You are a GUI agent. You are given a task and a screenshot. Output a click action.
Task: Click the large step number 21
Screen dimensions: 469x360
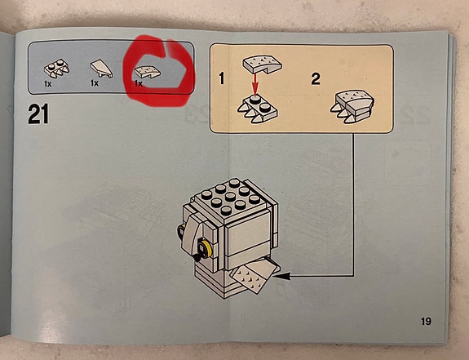click(x=38, y=113)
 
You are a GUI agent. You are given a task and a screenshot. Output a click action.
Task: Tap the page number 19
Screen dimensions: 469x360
click(x=426, y=322)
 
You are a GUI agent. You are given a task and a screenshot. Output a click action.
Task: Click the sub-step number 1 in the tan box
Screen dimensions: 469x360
click(x=222, y=79)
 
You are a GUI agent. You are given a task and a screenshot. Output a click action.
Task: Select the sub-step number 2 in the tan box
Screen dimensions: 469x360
click(x=316, y=79)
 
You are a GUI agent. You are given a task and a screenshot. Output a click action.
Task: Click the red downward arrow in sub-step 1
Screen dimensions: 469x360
click(x=254, y=85)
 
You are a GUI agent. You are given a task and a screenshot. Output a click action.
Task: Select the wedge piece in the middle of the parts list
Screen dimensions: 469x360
click(x=101, y=69)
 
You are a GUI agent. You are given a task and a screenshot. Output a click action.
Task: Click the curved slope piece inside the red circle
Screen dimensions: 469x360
click(x=147, y=72)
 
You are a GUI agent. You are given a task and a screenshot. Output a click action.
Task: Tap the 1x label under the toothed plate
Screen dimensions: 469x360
click(x=48, y=84)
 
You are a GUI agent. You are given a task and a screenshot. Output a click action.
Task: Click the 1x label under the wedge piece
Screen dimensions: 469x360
click(x=95, y=82)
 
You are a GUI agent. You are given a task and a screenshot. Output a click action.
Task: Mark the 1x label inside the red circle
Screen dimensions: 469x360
click(x=138, y=83)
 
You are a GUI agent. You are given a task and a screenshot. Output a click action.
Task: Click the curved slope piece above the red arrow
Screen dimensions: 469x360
click(x=262, y=64)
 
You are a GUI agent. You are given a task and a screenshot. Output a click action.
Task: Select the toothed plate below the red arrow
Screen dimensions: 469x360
click(x=257, y=110)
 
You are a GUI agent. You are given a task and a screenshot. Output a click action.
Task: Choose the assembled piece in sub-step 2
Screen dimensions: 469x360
click(x=352, y=106)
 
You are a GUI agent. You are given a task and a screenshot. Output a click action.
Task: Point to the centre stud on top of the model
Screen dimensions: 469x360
click(x=230, y=197)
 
